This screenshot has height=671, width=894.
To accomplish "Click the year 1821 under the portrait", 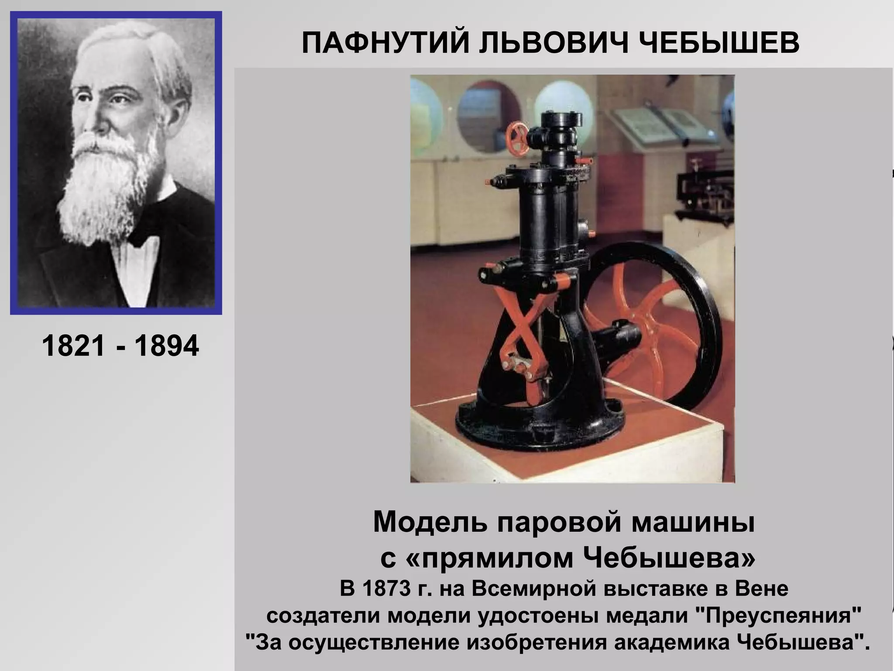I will coord(74,346).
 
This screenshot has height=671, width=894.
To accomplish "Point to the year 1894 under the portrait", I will coord(167,346).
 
